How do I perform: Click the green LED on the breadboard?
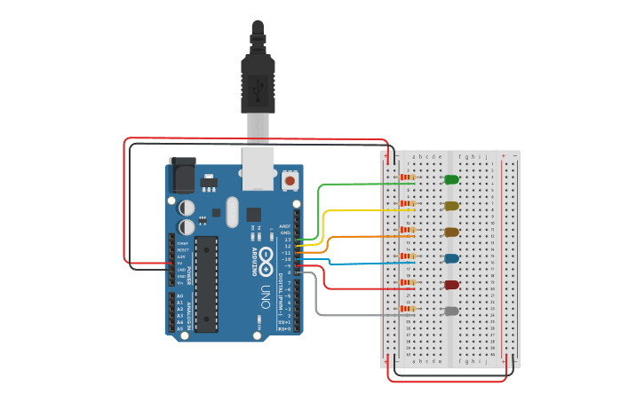click(x=451, y=179)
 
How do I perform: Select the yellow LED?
click(x=451, y=206)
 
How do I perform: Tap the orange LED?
click(x=451, y=232)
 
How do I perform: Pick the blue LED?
click(x=451, y=258)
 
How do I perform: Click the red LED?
click(x=451, y=285)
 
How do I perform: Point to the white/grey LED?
click(x=451, y=311)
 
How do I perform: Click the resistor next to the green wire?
click(x=407, y=177)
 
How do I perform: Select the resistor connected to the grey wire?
click(x=407, y=309)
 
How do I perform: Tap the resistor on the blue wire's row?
click(x=407, y=256)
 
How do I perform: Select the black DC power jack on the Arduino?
click(x=182, y=175)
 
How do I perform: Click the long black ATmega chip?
click(x=206, y=284)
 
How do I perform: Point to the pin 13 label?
click(x=287, y=240)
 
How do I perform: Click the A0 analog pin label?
click(x=180, y=296)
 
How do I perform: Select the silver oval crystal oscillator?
click(x=233, y=212)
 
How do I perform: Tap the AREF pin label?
click(x=285, y=226)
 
